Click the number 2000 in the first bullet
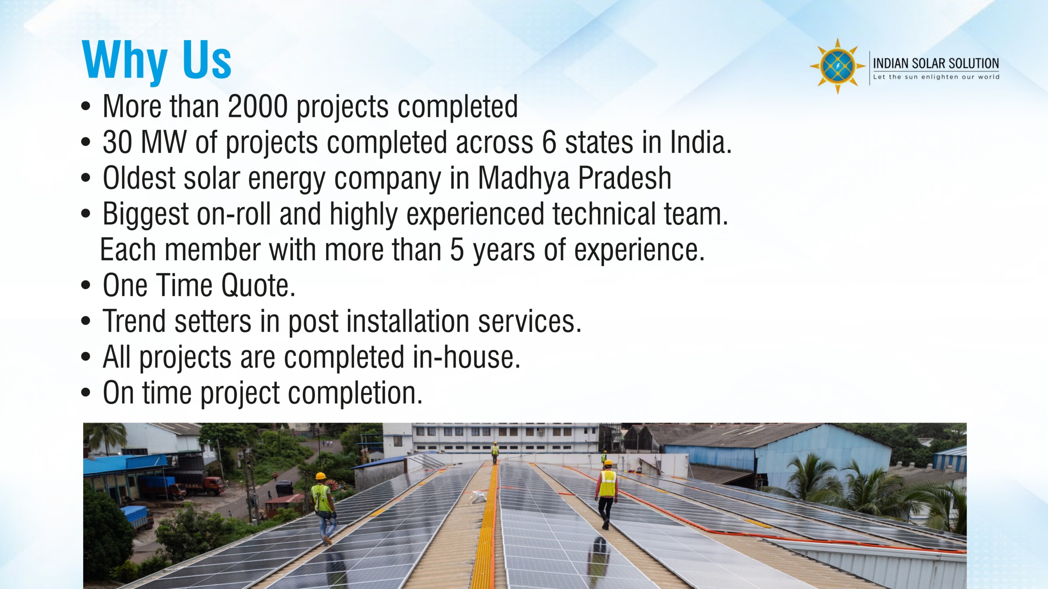[257, 107]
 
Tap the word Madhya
[524, 179]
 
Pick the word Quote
[258, 286]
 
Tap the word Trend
[134, 321]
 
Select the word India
[700, 143]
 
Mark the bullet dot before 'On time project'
[86, 393]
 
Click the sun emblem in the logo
[838, 66]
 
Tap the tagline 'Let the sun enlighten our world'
[936, 77]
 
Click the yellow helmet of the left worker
[321, 476]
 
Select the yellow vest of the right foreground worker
[608, 483]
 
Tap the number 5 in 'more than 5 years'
[457, 250]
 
